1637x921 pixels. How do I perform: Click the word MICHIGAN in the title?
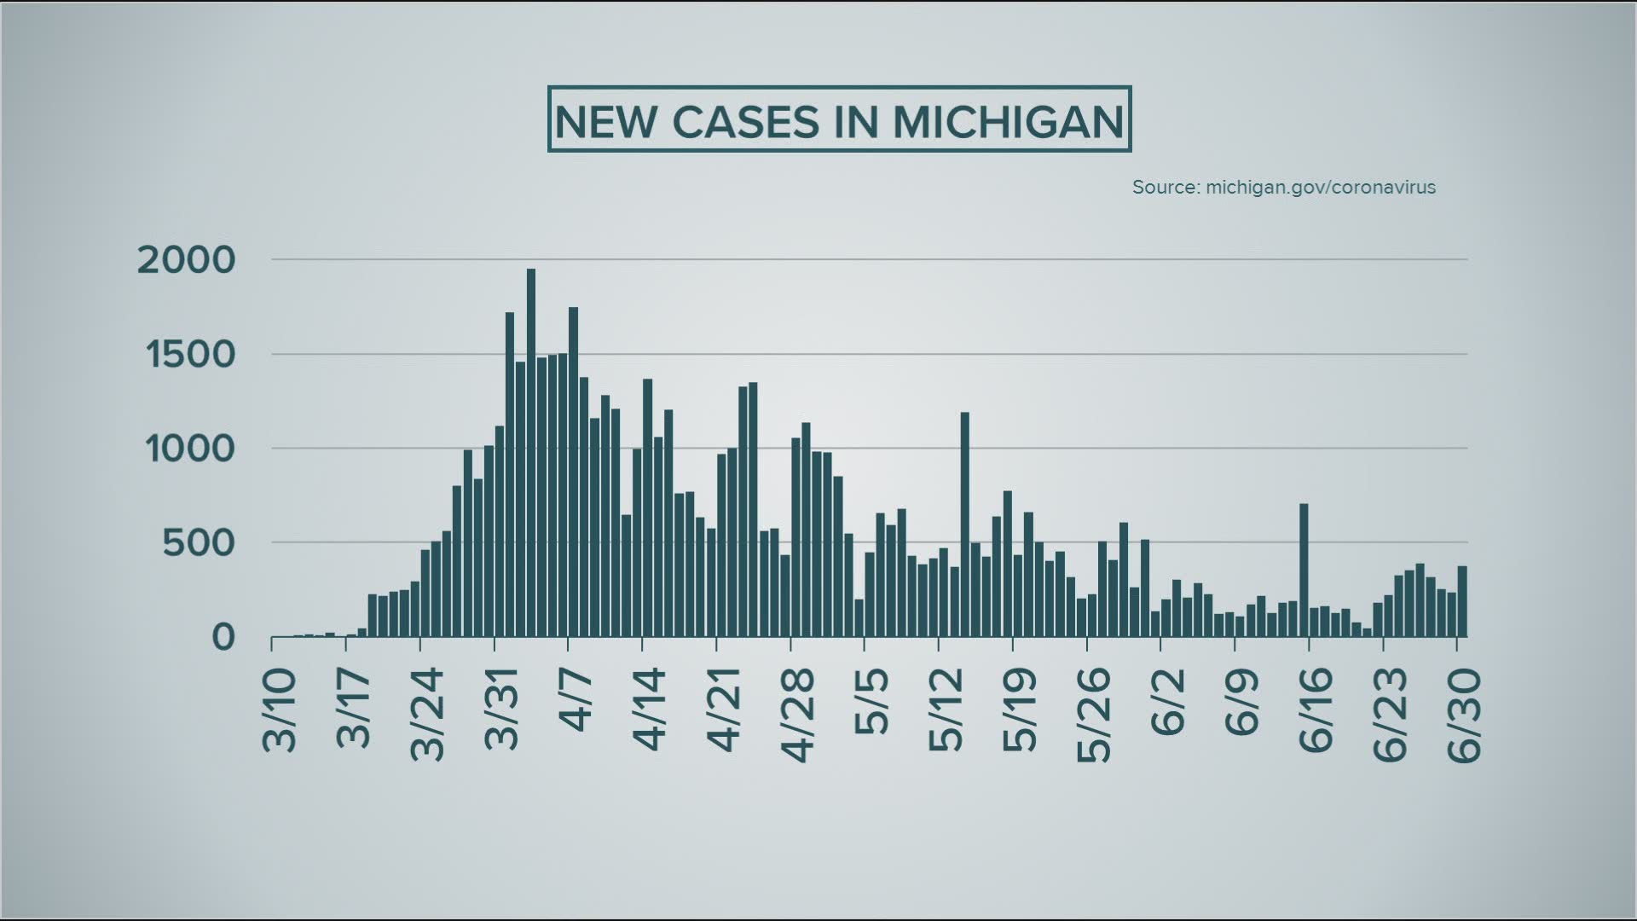[x=1008, y=121]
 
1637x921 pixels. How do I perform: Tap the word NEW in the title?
[x=606, y=121]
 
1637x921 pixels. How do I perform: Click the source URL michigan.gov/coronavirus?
[x=1320, y=187]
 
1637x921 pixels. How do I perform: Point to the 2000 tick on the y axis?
[x=186, y=260]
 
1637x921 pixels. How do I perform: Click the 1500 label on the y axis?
[x=190, y=355]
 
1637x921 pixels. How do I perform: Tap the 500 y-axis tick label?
[x=199, y=543]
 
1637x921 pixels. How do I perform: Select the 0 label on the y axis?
[x=223, y=637]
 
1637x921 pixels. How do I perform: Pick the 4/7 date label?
[x=576, y=701]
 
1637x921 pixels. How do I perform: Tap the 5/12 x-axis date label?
[x=946, y=710]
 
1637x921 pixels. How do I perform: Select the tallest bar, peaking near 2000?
[x=530, y=452]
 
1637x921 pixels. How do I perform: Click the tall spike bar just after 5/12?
[x=964, y=524]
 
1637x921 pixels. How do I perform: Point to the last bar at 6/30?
[x=1461, y=601]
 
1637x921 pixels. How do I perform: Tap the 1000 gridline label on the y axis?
[x=190, y=449]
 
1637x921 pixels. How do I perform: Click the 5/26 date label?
[x=1095, y=715]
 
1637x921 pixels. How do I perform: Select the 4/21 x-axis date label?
[x=725, y=710]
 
